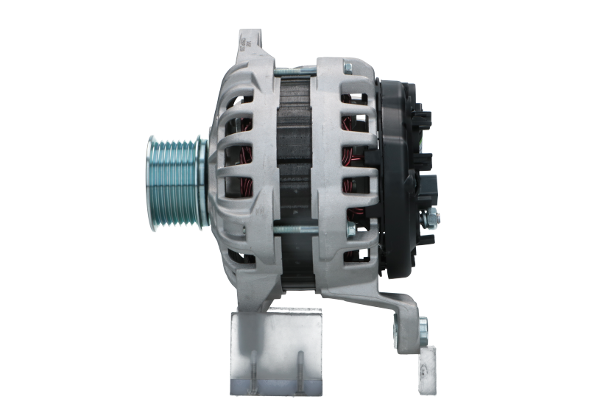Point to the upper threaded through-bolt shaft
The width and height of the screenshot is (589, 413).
294,71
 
